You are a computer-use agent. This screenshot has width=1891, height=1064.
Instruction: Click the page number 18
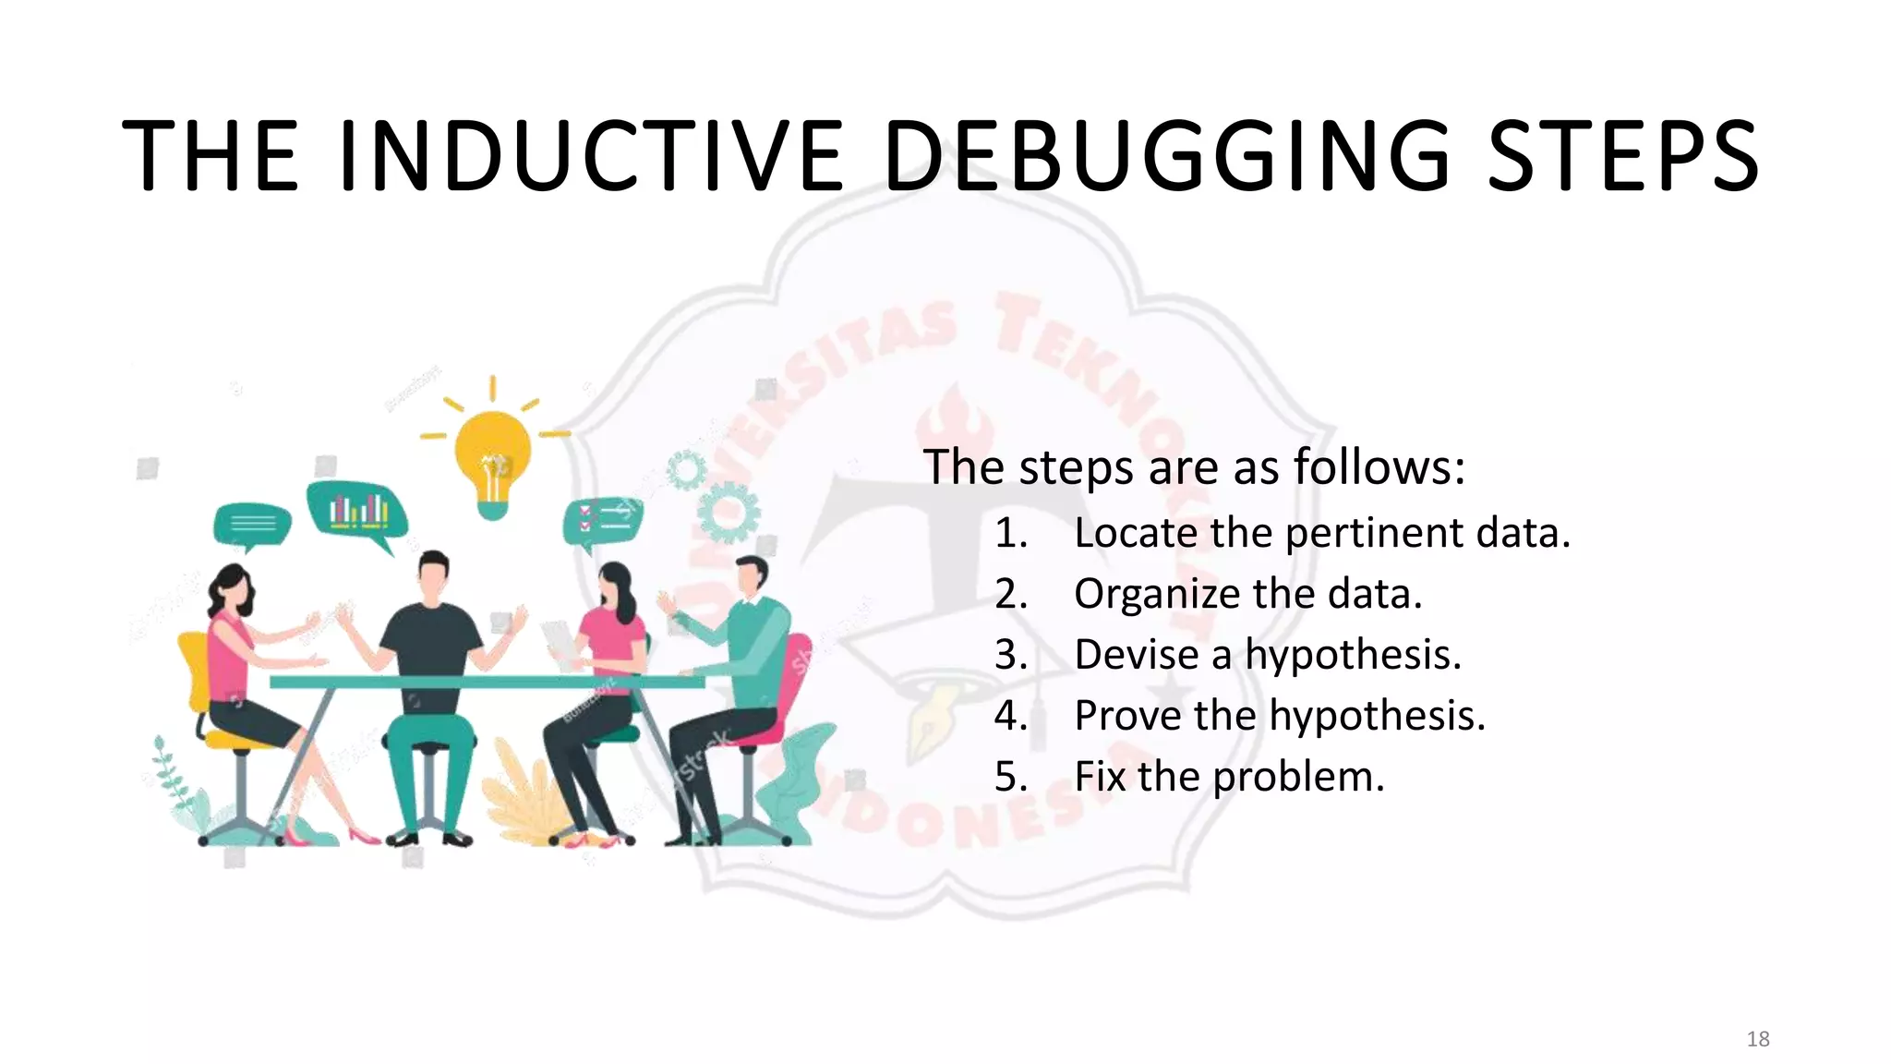1758,1039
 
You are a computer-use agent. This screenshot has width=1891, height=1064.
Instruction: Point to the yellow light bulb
493,453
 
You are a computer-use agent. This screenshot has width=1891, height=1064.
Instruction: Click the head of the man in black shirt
432,577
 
